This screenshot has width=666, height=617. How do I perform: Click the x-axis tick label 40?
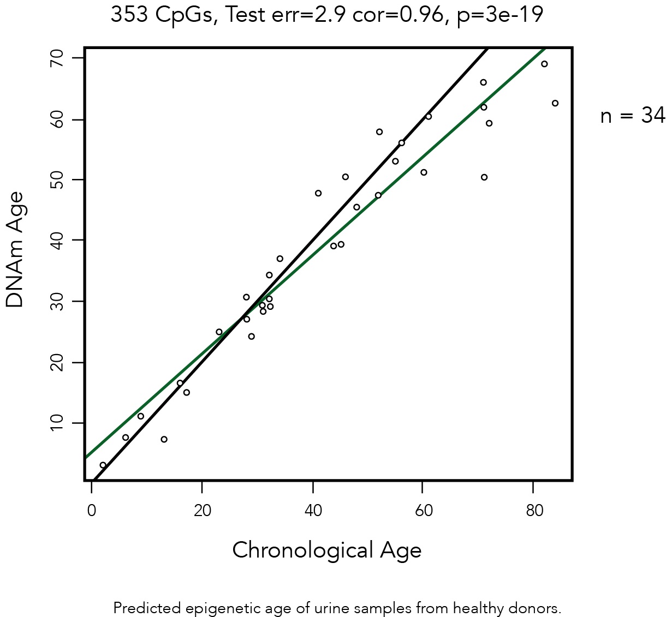(x=313, y=511)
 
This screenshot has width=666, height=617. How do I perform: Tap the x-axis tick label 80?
(x=534, y=511)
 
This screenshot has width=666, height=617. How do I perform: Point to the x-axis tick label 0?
(x=92, y=511)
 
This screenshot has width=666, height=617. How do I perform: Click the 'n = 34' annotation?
(x=632, y=116)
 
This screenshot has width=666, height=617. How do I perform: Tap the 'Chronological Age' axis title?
(x=326, y=550)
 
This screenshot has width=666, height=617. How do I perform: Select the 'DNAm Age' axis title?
(x=15, y=250)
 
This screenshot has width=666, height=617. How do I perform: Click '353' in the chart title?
(x=129, y=15)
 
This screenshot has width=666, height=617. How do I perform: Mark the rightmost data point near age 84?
(x=555, y=103)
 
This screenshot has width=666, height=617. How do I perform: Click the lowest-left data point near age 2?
(x=103, y=465)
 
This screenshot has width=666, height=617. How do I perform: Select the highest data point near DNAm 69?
(x=544, y=64)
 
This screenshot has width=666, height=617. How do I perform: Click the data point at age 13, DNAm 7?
(x=164, y=439)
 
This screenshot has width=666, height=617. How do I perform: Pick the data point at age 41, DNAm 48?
(x=318, y=193)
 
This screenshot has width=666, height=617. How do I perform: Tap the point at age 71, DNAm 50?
(x=484, y=177)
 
